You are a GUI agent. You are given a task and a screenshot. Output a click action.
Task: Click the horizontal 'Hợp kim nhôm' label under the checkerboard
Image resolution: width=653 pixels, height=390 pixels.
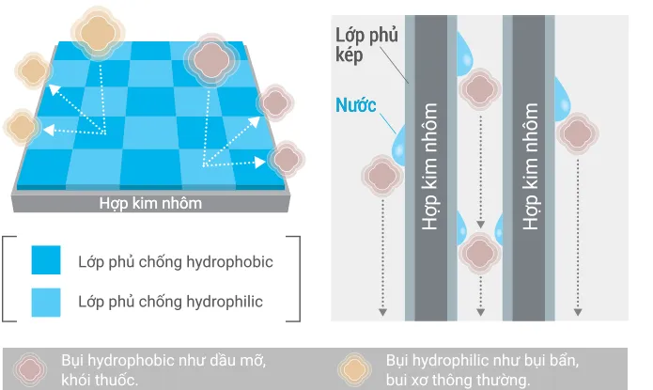[x=151, y=203]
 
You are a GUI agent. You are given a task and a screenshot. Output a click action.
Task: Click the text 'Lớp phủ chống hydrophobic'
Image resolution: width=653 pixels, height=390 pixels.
[x=176, y=261]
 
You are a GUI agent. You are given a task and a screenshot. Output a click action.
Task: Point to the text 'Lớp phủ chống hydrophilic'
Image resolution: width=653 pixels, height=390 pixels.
[x=170, y=302]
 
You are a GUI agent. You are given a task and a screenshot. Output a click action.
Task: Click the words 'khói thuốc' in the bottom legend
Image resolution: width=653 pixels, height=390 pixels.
[x=100, y=380]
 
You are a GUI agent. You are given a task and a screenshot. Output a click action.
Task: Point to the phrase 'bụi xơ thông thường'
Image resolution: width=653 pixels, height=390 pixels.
[x=458, y=380]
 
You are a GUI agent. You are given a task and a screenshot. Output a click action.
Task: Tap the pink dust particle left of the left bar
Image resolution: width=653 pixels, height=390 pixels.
[x=381, y=174]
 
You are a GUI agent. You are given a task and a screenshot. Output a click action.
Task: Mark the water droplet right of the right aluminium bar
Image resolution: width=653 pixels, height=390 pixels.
[x=563, y=94]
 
